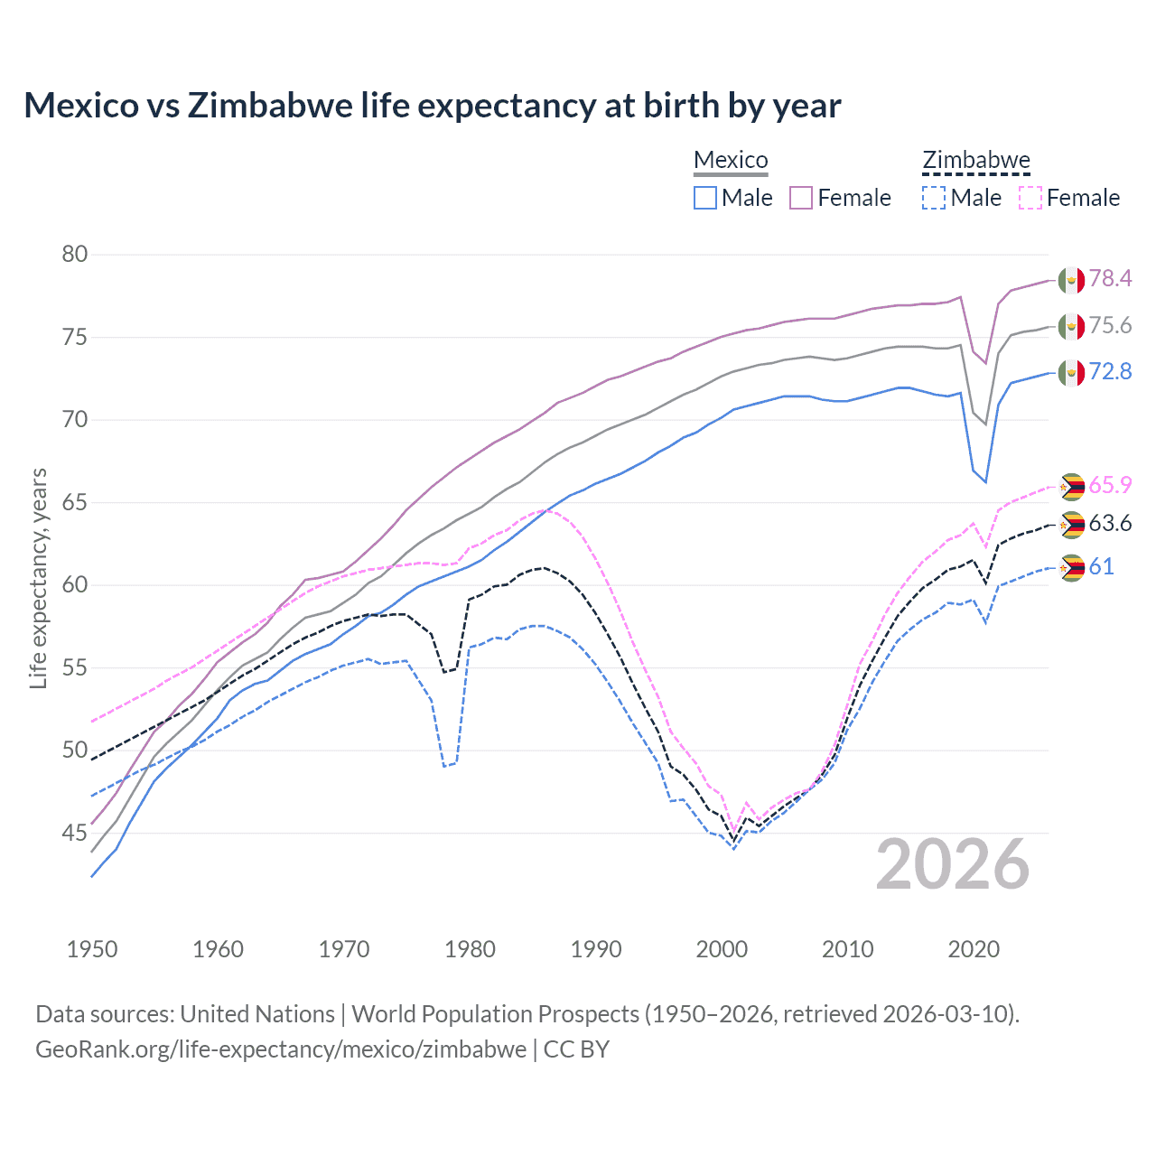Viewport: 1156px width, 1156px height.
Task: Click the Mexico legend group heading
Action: click(x=731, y=160)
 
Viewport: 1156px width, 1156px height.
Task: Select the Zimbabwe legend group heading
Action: click(x=975, y=160)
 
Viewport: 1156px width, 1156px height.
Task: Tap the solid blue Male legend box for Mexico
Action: click(x=705, y=198)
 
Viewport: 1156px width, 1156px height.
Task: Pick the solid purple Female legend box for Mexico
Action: click(x=801, y=198)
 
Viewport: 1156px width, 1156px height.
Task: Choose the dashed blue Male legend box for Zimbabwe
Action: click(x=934, y=198)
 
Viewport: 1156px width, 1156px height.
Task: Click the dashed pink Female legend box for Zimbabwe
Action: click(x=1030, y=198)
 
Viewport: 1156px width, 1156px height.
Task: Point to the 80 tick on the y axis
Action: click(x=75, y=255)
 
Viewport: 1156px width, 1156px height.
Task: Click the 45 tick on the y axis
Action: click(x=75, y=833)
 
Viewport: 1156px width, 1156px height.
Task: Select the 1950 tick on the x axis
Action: click(x=92, y=949)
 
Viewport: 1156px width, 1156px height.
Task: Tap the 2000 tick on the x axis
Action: click(x=722, y=949)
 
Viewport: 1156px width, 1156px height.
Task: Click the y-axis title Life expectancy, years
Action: click(x=38, y=578)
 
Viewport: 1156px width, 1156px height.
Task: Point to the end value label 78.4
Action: click(x=1110, y=278)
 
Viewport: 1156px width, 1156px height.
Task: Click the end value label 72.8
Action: click(x=1110, y=371)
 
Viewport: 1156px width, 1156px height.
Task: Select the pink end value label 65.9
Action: click(x=1110, y=485)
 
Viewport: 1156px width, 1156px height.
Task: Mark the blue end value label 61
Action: click(x=1101, y=566)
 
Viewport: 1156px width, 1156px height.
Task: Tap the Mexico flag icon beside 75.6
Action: click(x=1071, y=326)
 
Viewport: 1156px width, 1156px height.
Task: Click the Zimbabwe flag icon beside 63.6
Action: click(x=1071, y=524)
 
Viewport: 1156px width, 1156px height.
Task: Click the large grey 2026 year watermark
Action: click(x=953, y=864)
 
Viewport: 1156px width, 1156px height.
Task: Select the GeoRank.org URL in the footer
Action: click(x=281, y=1049)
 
